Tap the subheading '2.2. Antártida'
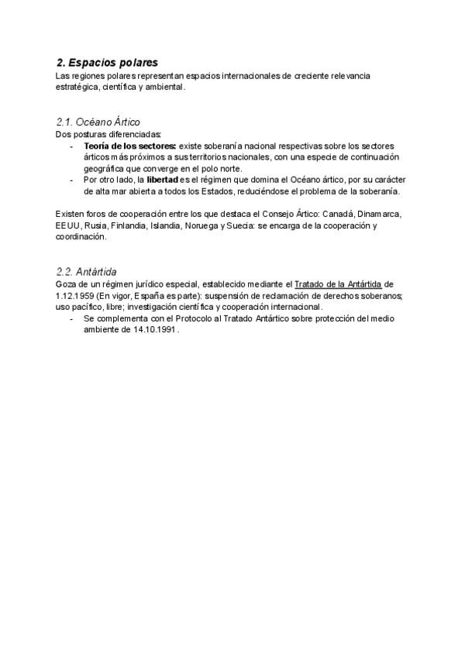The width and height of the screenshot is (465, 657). [x=86, y=271]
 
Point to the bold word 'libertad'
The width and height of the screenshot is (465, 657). [x=162, y=180]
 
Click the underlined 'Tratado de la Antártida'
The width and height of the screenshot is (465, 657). [x=338, y=284]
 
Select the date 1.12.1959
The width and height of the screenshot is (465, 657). [x=75, y=296]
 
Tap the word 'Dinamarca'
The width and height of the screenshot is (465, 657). [x=379, y=215]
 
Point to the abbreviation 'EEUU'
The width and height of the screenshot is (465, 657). [x=67, y=226]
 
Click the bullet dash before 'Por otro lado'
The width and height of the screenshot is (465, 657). [x=72, y=180]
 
